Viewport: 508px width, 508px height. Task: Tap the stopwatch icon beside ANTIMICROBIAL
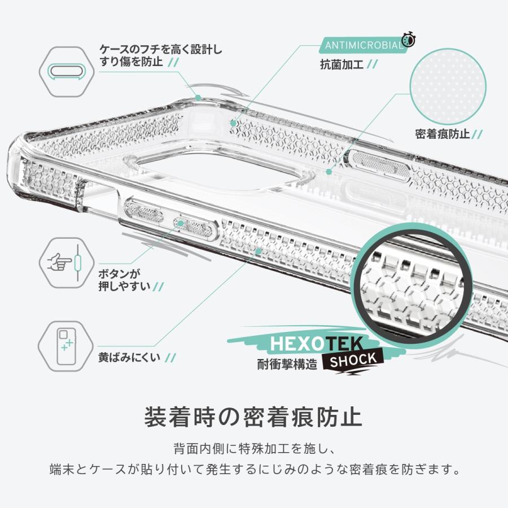click(409, 40)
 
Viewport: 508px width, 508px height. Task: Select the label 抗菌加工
click(342, 64)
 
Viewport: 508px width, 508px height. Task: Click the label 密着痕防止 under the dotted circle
click(443, 134)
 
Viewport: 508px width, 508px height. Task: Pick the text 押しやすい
click(125, 286)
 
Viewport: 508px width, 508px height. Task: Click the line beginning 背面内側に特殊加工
click(253, 450)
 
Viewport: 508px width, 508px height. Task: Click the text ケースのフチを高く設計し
click(160, 49)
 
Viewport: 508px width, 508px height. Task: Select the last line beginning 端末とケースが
click(253, 470)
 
